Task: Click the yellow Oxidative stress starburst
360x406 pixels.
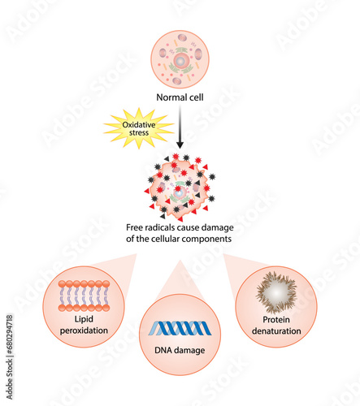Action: tap(139, 128)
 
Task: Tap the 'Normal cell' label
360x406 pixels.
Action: tap(180, 97)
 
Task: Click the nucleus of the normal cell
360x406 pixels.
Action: tap(180, 60)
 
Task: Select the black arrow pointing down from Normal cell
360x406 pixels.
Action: tap(180, 127)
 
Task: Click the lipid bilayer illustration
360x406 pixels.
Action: tap(84, 296)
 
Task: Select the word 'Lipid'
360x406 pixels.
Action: tap(84, 319)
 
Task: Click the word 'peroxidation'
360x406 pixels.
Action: tap(84, 330)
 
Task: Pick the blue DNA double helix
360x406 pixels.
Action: tap(180, 328)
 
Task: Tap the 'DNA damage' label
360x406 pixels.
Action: tap(180, 350)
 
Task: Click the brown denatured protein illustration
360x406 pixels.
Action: tap(276, 292)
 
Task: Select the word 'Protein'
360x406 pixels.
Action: tap(276, 320)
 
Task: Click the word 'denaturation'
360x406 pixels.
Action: tap(276, 331)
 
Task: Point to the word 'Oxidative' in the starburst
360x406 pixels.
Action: tap(139, 125)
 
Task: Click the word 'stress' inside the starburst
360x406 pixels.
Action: tap(139, 132)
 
